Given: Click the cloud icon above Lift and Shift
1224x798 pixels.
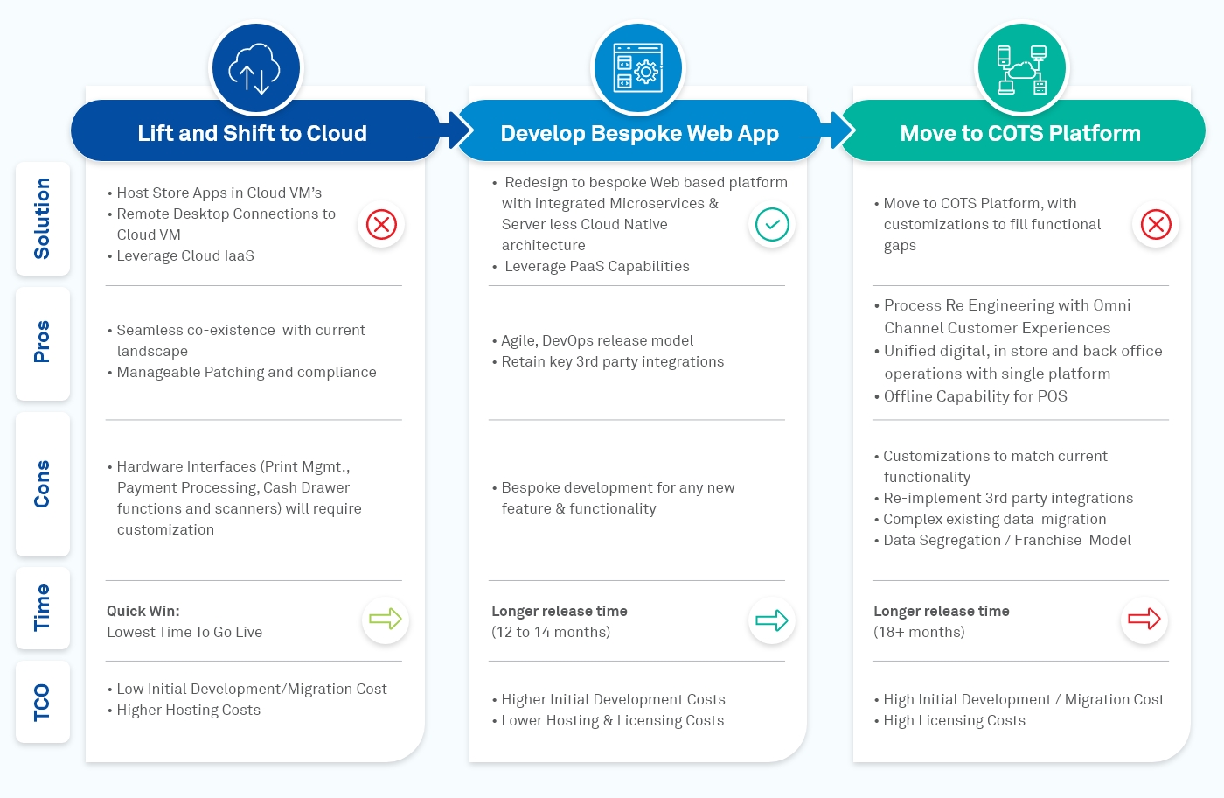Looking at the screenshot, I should [255, 68].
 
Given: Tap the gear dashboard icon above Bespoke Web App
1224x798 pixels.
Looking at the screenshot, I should [638, 68].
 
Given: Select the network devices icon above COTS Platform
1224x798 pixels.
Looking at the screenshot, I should [1021, 68].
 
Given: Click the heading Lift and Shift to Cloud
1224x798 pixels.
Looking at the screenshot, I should [252, 133].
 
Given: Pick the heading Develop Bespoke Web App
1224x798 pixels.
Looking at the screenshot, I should [639, 133].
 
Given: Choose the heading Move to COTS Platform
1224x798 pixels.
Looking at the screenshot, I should [1020, 133].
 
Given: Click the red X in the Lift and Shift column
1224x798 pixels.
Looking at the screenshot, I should [381, 225].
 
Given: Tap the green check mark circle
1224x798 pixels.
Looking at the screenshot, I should [772, 225].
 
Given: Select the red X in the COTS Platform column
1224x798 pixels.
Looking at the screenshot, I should [1155, 225].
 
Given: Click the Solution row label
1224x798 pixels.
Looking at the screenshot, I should [42, 219].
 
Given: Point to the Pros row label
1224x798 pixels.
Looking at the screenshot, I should [42, 342].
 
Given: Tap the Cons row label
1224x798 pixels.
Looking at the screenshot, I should [42, 484].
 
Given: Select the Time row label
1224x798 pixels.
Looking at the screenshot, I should [42, 608].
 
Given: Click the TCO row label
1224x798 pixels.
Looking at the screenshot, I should [42, 703].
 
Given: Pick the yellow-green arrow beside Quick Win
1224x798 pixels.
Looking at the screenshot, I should [385, 619].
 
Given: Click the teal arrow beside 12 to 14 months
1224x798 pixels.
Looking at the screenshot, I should [772, 620].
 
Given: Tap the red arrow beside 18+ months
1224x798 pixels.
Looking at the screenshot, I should [1144, 619].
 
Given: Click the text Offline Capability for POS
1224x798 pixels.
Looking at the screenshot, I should [975, 396].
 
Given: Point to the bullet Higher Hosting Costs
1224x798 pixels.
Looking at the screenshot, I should [188, 710].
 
